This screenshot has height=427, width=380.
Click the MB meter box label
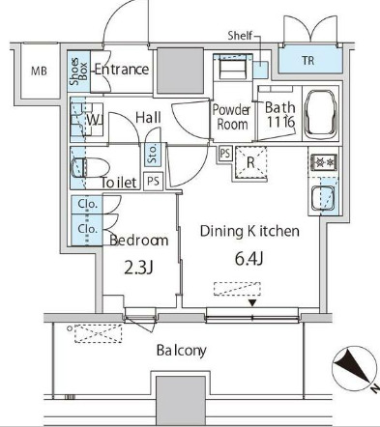point(39,71)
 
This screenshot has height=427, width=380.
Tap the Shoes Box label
point(79,71)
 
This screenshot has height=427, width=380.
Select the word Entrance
point(122,70)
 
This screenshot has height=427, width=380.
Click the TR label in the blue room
point(308,61)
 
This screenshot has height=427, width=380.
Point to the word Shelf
point(240,36)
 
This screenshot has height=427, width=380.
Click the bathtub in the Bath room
point(321,114)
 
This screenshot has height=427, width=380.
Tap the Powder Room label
point(231,117)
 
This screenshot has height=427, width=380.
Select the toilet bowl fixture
point(90,167)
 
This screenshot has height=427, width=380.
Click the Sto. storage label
point(153,153)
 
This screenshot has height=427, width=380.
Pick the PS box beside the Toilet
point(153,181)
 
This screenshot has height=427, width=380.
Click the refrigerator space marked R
point(250,162)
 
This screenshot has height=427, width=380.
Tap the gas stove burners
point(324,162)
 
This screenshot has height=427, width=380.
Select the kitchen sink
point(323,198)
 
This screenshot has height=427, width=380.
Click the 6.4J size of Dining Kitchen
point(249,259)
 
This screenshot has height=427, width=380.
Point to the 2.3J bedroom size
point(138,268)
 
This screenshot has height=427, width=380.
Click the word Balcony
point(182,351)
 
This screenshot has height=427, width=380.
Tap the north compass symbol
point(355,370)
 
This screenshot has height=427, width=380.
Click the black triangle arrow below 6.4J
point(252,303)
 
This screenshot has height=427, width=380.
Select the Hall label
point(148,118)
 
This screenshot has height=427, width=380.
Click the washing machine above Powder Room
point(232,67)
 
